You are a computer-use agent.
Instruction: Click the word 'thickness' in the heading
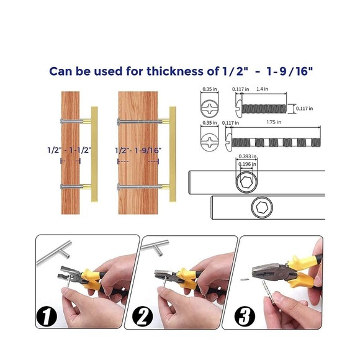coord(175,71)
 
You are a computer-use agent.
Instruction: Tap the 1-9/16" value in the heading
coord(290,71)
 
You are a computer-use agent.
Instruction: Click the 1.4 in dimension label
coord(262,89)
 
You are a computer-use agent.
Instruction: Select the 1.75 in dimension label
coord(274,122)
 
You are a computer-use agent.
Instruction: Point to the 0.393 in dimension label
coord(248,156)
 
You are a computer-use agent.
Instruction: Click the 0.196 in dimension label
coord(247,164)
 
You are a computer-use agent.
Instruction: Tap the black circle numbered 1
coord(47,317)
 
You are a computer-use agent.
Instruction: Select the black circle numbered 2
coord(143,317)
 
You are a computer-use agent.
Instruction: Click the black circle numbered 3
coord(245,317)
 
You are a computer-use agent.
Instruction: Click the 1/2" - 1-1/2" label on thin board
coord(70,150)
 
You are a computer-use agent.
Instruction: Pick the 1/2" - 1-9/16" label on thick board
coord(138,150)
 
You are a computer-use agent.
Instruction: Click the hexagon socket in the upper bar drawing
coord(246,182)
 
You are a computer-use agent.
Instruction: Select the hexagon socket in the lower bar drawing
coord(262,208)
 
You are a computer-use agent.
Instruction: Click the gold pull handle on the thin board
coord(94,154)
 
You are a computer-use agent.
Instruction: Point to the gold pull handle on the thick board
coord(173,154)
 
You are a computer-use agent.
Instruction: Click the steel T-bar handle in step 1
coord(54,253)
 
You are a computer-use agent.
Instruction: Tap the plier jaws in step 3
coord(264,271)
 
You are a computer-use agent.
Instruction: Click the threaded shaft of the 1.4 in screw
coord(264,109)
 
